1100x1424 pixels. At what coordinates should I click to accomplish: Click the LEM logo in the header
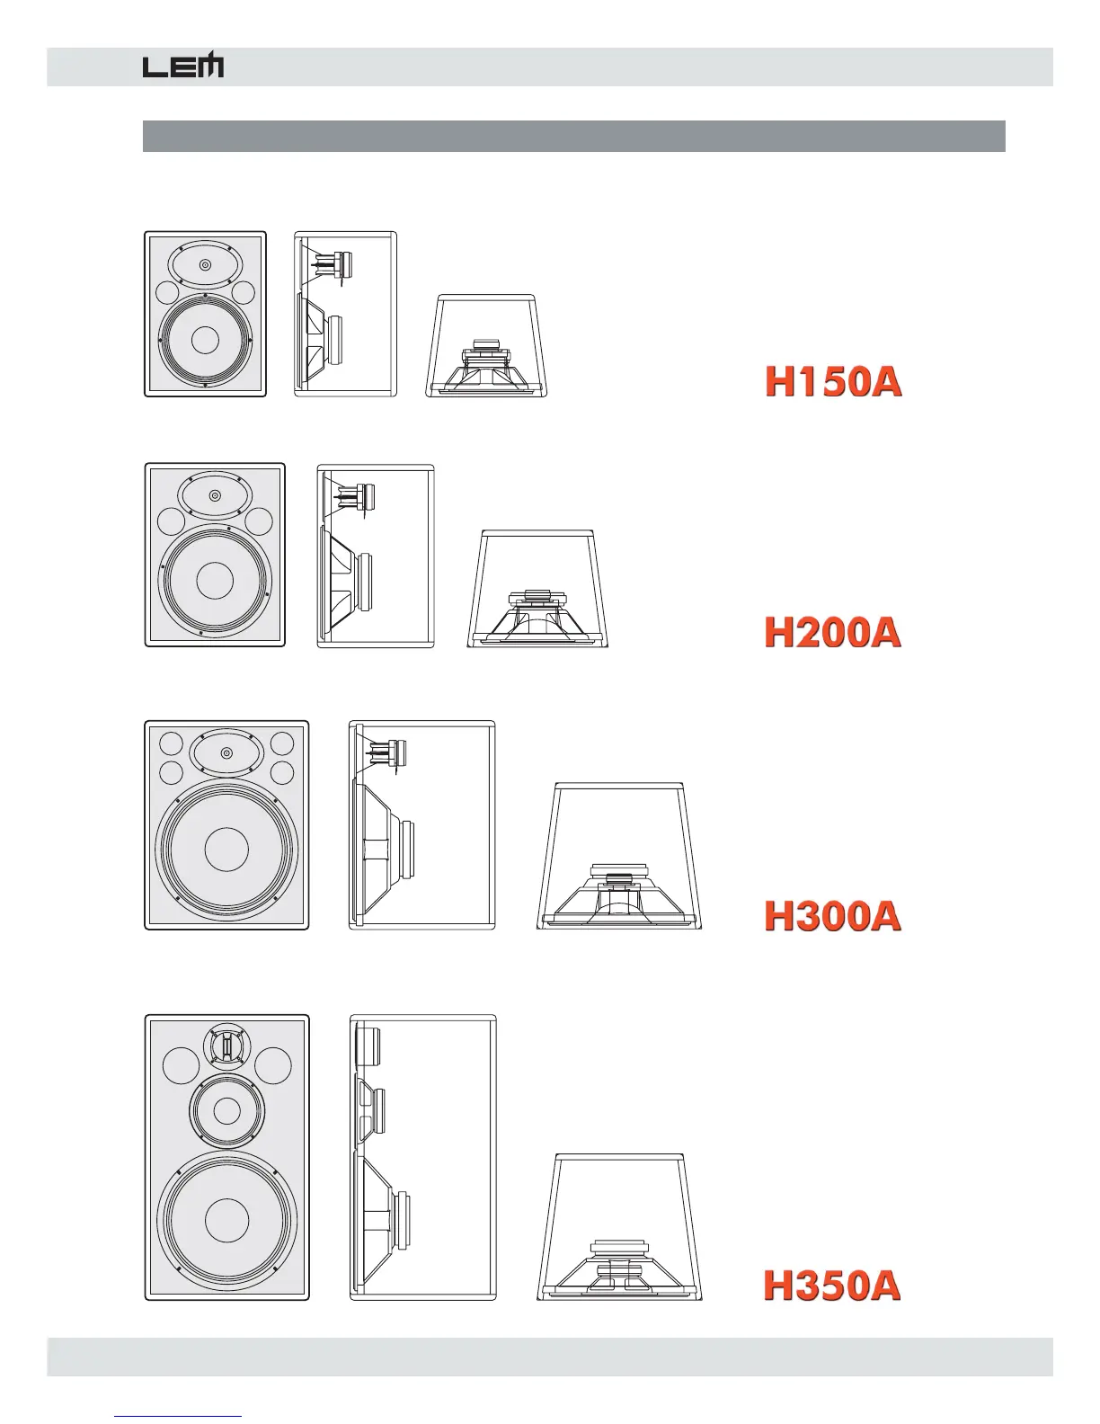pos(183,67)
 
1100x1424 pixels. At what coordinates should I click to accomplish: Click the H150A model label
pos(833,382)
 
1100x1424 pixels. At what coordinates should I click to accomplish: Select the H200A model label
pos(832,633)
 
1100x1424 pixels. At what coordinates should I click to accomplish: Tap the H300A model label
pos(832,916)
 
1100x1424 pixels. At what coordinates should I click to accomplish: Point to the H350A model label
pos(832,1286)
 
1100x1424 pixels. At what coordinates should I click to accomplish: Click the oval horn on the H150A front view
pos(206,264)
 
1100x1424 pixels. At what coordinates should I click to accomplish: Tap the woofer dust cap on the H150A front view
pos(205,340)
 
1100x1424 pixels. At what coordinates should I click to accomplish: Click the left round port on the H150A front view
pos(166,293)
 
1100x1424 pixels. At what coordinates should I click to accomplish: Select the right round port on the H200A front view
pos(259,521)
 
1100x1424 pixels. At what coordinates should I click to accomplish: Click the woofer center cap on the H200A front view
pos(215,581)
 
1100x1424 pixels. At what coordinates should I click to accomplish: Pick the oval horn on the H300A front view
pos(226,753)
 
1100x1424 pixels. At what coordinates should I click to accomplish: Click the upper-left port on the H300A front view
pos(171,744)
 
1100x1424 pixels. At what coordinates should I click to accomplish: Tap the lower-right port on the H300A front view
pos(282,772)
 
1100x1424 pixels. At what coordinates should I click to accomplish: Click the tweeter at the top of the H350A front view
pos(227,1047)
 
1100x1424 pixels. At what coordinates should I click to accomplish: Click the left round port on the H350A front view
pos(182,1066)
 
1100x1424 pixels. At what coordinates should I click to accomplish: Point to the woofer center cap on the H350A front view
pos(226,1219)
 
